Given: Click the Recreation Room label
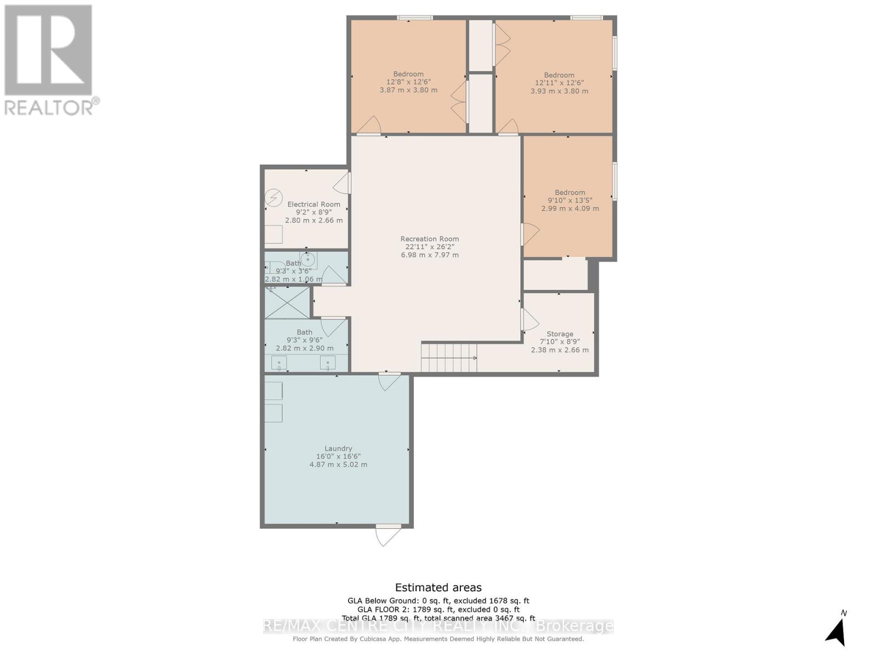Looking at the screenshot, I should pos(429,239).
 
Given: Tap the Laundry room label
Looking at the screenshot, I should pos(338,448).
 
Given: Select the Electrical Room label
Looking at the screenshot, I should pos(314,204).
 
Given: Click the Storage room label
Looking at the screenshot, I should pos(560,334).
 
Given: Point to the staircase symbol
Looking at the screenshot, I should pos(448,358).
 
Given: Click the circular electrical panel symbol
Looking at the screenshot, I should pos(274,198).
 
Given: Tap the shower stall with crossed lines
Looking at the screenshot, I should pos(287,302).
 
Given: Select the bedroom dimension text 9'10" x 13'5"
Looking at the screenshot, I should pos(570,200).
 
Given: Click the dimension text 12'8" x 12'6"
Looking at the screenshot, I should pos(408,82).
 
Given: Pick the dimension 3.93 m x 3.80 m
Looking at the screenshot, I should pos(559,91).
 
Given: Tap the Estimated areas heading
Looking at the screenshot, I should pos(438,587).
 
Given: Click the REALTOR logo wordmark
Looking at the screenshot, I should pos(52,107).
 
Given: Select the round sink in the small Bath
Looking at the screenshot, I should pos(308,260).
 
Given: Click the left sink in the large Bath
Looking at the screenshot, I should pos(279,362).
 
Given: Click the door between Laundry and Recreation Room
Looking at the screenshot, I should pos(389,381).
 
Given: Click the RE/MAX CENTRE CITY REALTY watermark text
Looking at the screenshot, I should pos(438,626).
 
